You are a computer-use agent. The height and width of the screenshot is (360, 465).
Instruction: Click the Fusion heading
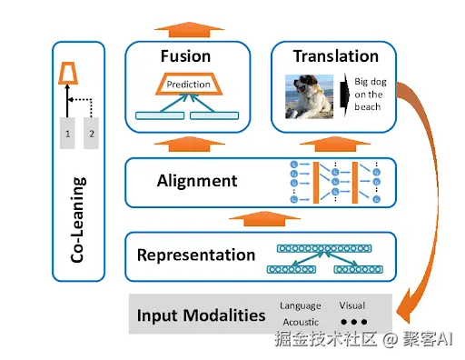coord(185,56)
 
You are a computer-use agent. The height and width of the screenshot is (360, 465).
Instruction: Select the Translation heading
coord(336,56)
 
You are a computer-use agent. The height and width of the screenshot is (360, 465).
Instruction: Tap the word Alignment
coord(197,181)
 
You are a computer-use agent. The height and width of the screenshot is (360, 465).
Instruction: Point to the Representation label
coord(196,255)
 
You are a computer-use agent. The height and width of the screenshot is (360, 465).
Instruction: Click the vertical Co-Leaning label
coord(78,220)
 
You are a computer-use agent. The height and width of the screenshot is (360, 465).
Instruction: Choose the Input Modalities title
coord(201,315)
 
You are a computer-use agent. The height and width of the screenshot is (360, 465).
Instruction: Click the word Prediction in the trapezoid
coord(188,85)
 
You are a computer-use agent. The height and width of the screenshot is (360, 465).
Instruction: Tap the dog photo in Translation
coord(309,96)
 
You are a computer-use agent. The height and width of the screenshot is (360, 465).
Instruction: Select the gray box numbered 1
coord(67,133)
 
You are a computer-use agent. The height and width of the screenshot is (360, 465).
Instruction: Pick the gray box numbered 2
coord(91,133)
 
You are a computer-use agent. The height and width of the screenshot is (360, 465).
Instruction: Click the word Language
coord(301,305)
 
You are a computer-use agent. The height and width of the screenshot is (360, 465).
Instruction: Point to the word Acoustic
coord(301,322)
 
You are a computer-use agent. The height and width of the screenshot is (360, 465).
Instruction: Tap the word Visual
coord(352,305)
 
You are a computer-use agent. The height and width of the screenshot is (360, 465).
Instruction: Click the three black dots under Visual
coord(354,322)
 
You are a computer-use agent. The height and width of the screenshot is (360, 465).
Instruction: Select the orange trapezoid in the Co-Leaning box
coord(68,73)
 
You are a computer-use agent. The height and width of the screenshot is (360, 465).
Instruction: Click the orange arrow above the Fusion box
coord(189,30)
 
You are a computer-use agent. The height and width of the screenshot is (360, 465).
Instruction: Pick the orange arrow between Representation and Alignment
coord(264,219)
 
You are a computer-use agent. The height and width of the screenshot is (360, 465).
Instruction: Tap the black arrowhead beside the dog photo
coord(344,95)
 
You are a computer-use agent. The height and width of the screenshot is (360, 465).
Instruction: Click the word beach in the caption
coord(368,106)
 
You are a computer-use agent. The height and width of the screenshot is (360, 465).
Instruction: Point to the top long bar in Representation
coord(324,248)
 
